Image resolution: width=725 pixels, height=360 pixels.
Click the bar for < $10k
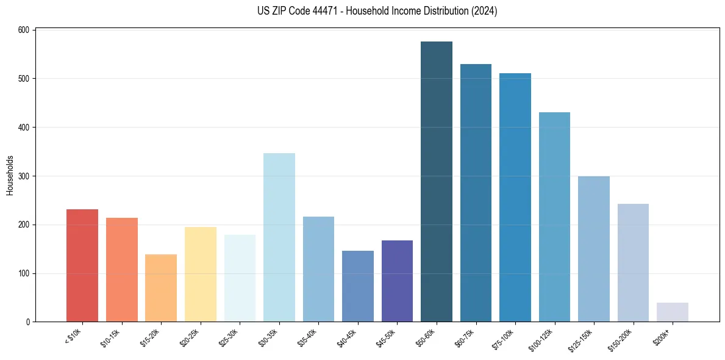pyautogui.click(x=82, y=265)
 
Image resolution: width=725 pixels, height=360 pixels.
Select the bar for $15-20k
pyautogui.click(x=161, y=288)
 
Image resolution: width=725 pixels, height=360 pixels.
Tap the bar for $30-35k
pyautogui.click(x=279, y=237)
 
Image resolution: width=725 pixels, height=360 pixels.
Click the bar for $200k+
pyautogui.click(x=673, y=312)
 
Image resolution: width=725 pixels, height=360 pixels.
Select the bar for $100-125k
pyautogui.click(x=554, y=217)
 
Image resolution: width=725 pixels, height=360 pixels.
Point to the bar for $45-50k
pyautogui.click(x=397, y=281)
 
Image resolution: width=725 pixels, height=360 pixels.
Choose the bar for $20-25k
pyautogui.click(x=201, y=275)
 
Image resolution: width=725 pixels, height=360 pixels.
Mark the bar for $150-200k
pyautogui.click(x=633, y=263)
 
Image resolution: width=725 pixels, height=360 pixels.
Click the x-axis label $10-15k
pyautogui.click(x=111, y=337)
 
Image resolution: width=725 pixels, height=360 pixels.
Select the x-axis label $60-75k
pyautogui.click(x=465, y=337)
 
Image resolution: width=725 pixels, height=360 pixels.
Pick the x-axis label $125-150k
pyautogui.click(x=582, y=339)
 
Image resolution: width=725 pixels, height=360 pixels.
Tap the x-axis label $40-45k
pyautogui.click(x=347, y=337)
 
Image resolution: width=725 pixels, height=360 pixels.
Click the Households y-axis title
pyautogui.click(x=10, y=175)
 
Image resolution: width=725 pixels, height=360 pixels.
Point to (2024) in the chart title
pyautogui.click(x=484, y=11)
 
